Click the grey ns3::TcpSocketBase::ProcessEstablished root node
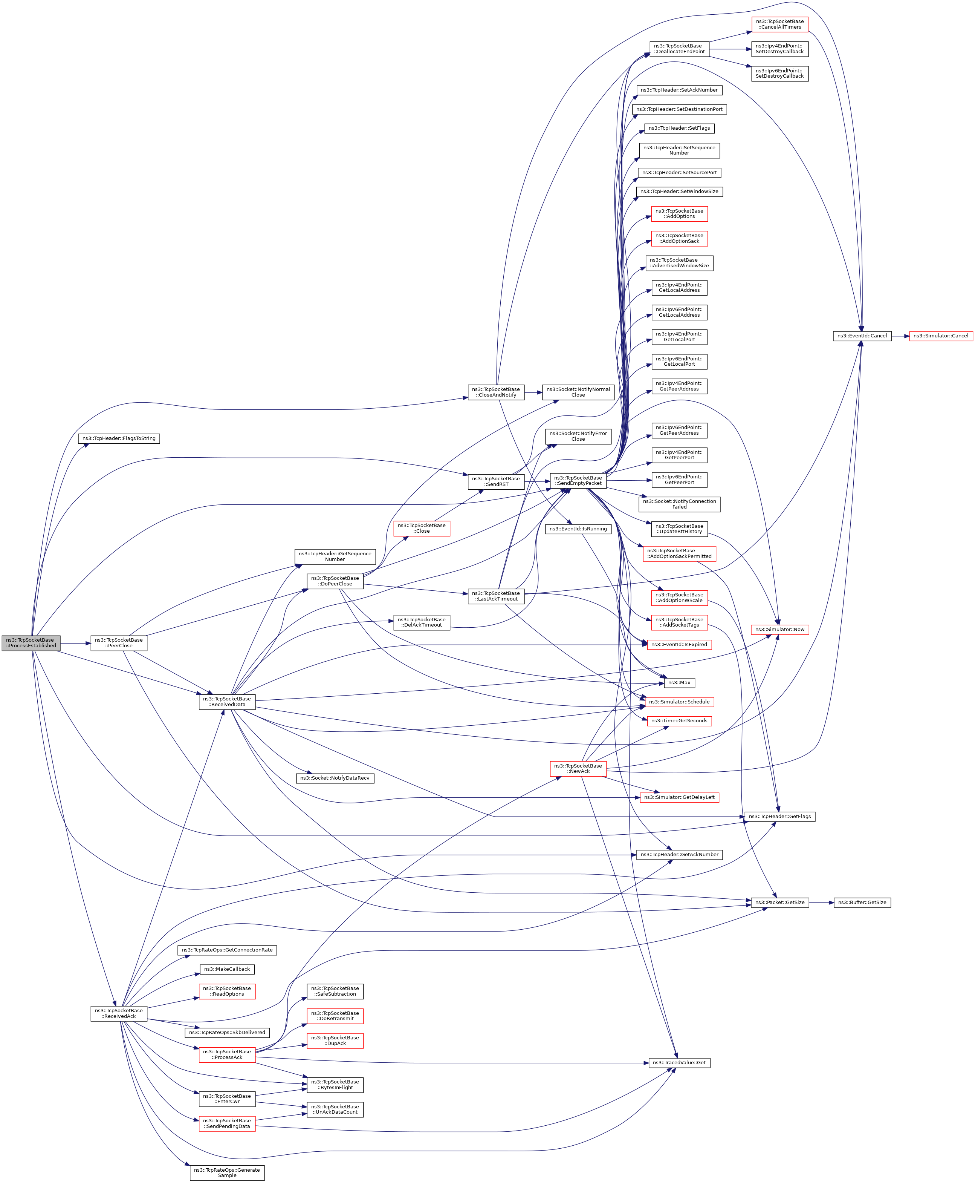[x=31, y=643]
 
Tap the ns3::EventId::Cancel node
[x=862, y=336]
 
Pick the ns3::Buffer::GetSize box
[x=862, y=902]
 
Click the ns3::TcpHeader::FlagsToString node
[x=119, y=438]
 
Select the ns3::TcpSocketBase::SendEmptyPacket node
[x=578, y=481]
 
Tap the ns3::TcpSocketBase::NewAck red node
[x=578, y=768]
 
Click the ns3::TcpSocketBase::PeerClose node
[x=119, y=643]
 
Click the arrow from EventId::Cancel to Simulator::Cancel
[x=900, y=336]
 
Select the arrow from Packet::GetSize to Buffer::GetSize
[x=821, y=902]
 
